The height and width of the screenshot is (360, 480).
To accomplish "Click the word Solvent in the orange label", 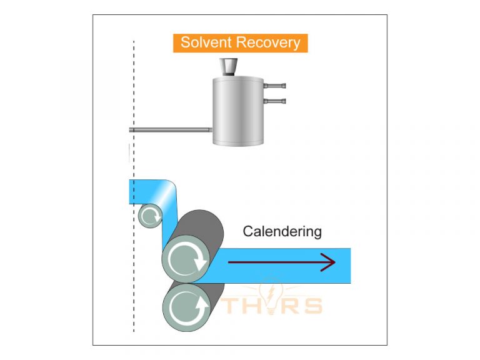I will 205,43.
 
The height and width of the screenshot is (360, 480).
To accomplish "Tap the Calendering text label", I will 282,231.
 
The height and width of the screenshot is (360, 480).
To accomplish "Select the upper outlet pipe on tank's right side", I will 274,86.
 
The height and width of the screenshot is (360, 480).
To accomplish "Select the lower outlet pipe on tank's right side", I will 274,100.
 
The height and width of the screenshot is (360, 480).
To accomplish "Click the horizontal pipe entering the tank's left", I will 169,130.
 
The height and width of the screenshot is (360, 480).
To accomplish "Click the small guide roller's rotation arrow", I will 150,217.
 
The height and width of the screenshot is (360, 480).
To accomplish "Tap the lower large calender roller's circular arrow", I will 185,306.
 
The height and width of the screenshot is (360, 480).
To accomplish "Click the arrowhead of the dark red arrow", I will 328,263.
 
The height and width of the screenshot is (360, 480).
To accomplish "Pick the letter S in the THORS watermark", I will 311,306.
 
